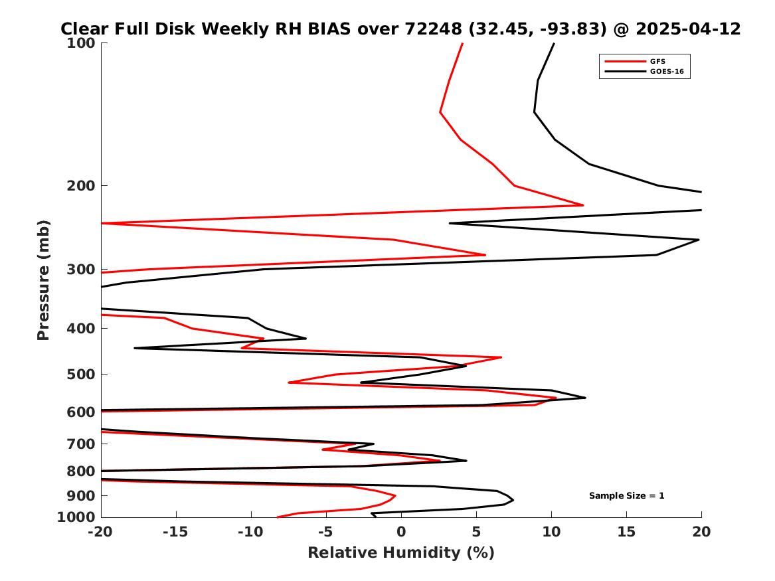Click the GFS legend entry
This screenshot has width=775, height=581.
coord(657,61)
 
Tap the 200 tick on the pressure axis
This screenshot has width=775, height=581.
coord(84,185)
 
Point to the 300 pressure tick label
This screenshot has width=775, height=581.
coord(84,270)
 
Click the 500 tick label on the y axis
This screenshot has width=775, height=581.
coord(84,374)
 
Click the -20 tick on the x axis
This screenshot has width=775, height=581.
coord(101,532)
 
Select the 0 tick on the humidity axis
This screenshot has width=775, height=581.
coord(401,532)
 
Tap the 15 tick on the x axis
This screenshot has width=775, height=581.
coord(626,532)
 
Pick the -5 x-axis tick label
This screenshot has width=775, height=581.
coord(326,532)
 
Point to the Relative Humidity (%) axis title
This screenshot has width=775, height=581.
coord(401,553)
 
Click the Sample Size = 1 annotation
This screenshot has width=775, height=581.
coord(626,496)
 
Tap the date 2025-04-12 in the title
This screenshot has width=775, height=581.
coord(688,29)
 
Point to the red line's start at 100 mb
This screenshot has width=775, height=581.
coord(462,43)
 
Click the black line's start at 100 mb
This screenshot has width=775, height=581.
coord(554,43)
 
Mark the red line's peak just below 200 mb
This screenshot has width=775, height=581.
coord(583,205)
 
